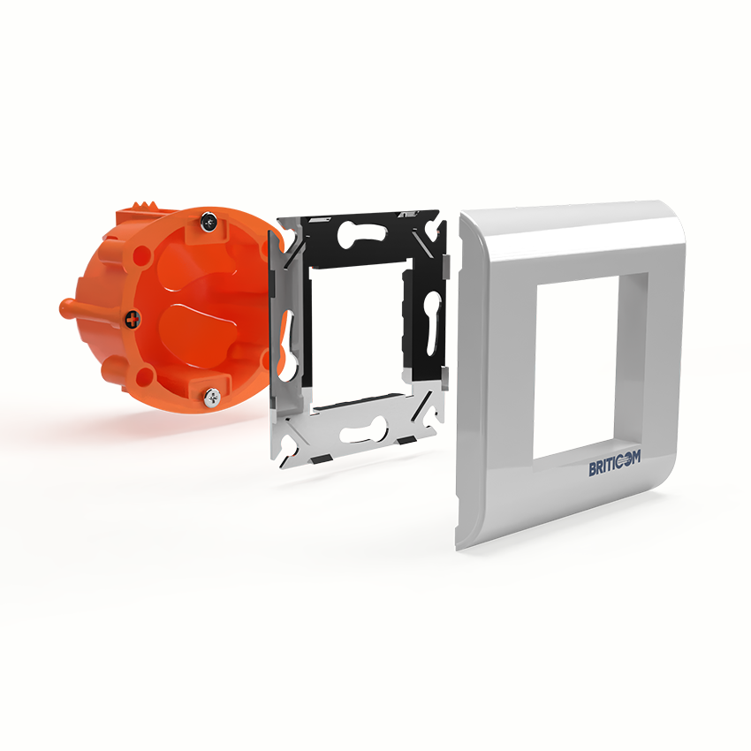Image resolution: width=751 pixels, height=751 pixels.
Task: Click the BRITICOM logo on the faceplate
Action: (614, 464)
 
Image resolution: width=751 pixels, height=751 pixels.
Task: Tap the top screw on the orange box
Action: (209, 221)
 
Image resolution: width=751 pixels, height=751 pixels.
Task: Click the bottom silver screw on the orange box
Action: (212, 397)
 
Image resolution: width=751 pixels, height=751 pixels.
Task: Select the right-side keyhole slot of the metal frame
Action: (430, 323)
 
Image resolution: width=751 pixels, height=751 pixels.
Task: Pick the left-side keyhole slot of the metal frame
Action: (287, 344)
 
